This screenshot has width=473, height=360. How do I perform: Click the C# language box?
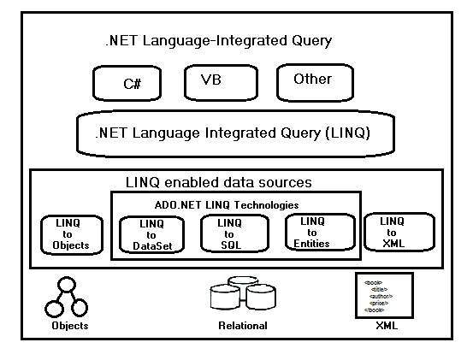(131, 84)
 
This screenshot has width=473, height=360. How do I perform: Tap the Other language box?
(314, 81)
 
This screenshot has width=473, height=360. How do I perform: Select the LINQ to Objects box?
(71, 234)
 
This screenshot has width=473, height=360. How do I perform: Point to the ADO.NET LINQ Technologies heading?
(227, 205)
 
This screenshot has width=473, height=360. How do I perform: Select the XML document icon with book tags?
(384, 294)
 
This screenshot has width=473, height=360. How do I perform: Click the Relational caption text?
(242, 326)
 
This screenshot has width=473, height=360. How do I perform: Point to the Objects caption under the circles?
(68, 326)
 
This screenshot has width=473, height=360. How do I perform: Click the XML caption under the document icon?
(386, 326)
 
